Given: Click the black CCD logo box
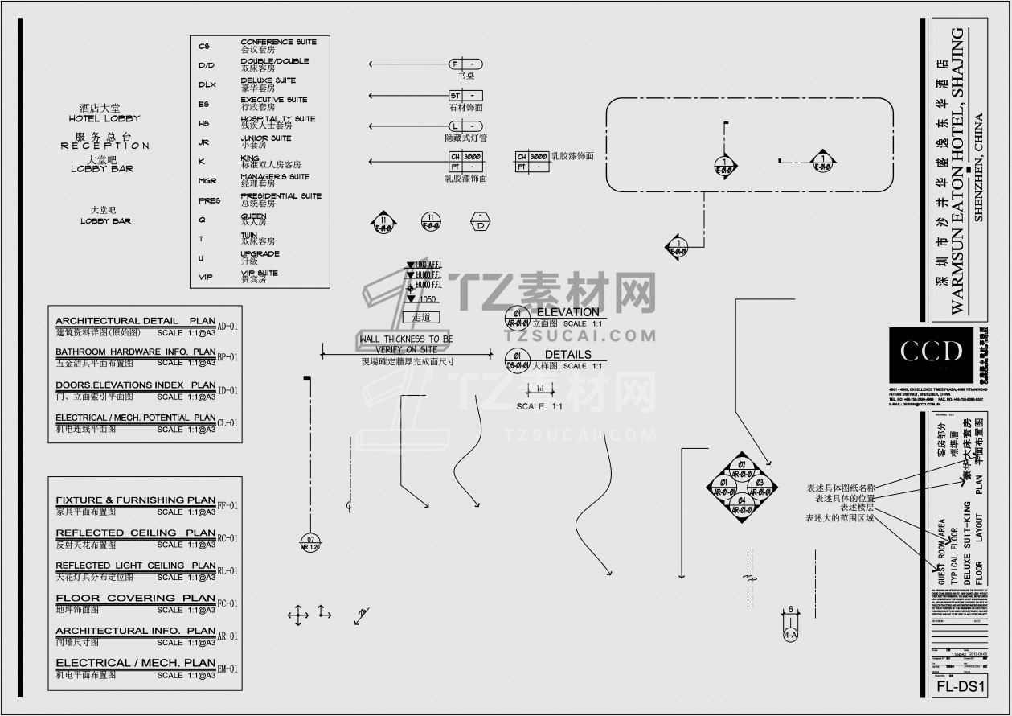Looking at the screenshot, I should click(x=932, y=352).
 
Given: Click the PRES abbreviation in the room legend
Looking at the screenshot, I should click(x=209, y=200).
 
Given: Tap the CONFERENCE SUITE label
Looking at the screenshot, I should click(x=278, y=42).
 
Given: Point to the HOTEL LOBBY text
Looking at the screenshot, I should click(x=104, y=118).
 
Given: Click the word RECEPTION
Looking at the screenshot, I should click(x=104, y=146).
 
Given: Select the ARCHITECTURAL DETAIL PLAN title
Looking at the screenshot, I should click(x=135, y=320).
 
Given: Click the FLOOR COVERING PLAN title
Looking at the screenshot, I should click(x=135, y=598).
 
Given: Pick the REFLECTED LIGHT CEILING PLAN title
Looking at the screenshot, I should click(x=135, y=566).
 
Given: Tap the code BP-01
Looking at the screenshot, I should click(x=228, y=357).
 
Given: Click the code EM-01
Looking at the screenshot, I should click(x=228, y=669).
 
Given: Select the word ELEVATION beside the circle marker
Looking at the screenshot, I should click(x=567, y=311).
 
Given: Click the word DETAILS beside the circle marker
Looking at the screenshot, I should click(x=567, y=354).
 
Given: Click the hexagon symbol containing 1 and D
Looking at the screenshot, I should click(x=481, y=221).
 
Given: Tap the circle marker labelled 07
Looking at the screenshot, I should click(x=309, y=542).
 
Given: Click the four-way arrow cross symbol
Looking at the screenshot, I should click(x=297, y=615).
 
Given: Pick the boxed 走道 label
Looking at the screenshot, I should click(x=421, y=317).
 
